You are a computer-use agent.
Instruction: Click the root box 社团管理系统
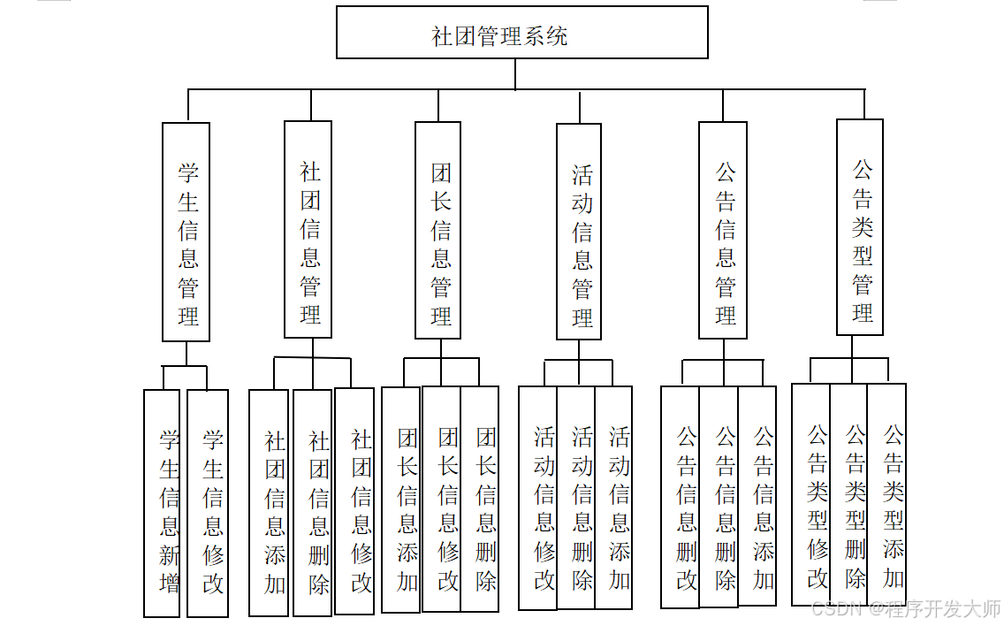pyautogui.click(x=521, y=33)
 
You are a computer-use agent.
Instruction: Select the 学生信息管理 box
pyautogui.click(x=186, y=232)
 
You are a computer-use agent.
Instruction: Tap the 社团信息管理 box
pyautogui.click(x=308, y=229)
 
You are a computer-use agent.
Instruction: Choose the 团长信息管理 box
pyautogui.click(x=438, y=230)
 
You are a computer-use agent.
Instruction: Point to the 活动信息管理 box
pyautogui.click(x=579, y=232)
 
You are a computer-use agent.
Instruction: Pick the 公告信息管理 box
pyautogui.click(x=723, y=230)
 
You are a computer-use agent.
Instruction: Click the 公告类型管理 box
pyautogui.click(x=860, y=227)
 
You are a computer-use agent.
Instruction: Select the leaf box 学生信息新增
pyautogui.click(x=162, y=503)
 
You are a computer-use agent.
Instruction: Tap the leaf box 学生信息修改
pyautogui.click(x=208, y=503)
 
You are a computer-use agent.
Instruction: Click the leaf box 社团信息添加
pyautogui.click(x=269, y=503)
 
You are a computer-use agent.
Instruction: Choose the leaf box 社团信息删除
pyautogui.click(x=313, y=503)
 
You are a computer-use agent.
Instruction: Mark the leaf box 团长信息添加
pyautogui.click(x=401, y=500)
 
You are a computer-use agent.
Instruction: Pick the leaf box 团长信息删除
pyautogui.click(x=480, y=500)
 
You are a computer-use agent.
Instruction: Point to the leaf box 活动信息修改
pyautogui.click(x=538, y=498)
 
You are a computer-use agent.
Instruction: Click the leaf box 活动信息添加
pyautogui.click(x=614, y=498)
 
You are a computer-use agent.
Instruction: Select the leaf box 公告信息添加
pyautogui.click(x=758, y=496)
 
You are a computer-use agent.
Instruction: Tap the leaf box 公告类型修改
pyautogui.click(x=811, y=494)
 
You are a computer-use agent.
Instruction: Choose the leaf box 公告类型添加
pyautogui.click(x=887, y=494)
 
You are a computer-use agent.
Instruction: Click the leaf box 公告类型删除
pyautogui.click(x=849, y=494)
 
